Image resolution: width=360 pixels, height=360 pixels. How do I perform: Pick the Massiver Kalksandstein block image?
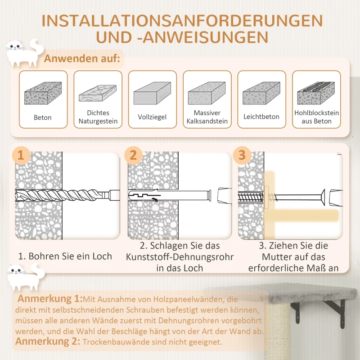207,94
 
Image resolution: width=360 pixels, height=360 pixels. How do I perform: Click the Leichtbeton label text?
261,117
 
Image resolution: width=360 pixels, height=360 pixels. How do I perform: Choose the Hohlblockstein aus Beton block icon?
316,93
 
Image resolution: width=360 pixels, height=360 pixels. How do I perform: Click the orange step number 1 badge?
20,155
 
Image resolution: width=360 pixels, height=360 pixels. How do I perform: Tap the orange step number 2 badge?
133,155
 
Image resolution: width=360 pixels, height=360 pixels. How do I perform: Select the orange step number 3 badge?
242,155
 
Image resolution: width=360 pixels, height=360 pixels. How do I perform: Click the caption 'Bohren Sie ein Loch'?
65,256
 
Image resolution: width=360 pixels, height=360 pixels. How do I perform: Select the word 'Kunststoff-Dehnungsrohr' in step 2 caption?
180,257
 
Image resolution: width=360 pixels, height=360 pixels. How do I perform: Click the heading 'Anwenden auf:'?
82,59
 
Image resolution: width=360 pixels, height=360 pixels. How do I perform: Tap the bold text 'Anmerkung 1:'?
49,299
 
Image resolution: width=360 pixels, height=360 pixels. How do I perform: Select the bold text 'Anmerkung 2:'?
48,342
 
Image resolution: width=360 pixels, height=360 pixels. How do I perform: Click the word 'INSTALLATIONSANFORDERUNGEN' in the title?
180,21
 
